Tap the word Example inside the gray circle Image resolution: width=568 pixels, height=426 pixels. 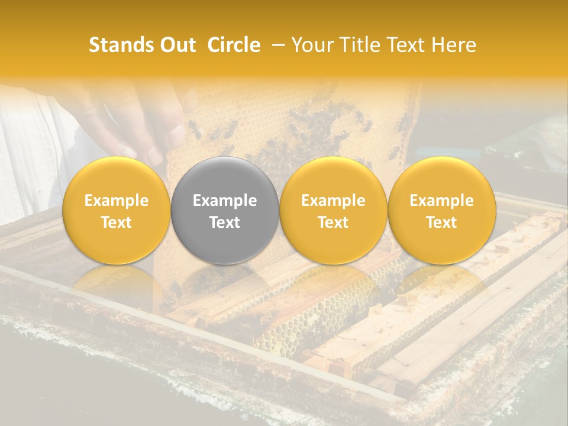pos(225,201)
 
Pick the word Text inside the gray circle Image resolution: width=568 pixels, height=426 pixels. pos(225,222)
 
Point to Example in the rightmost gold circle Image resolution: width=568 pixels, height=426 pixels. pos(442,201)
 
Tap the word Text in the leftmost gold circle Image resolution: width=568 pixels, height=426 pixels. pos(117,222)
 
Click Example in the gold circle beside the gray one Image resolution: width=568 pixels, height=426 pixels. pos(333,201)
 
